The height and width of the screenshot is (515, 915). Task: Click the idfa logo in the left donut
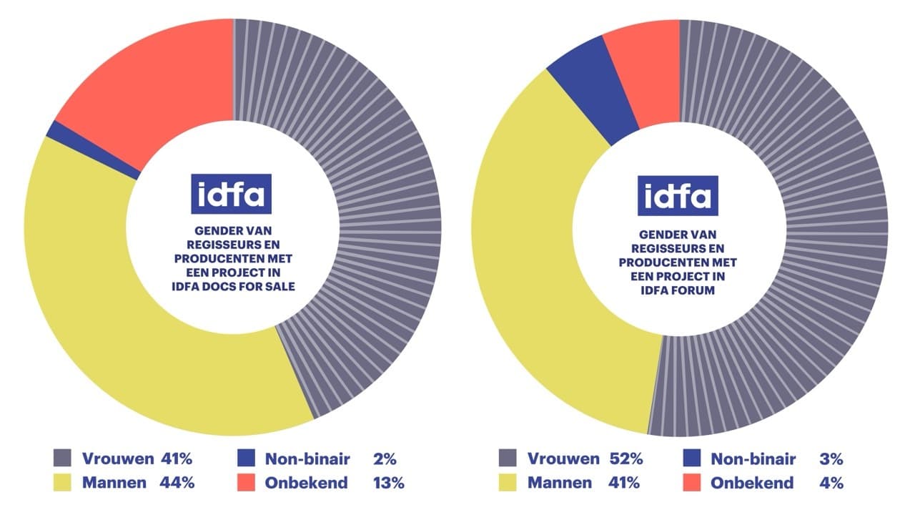pos(231,194)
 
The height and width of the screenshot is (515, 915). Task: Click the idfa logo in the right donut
pos(678,195)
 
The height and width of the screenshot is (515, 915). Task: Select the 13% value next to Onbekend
pos(388,482)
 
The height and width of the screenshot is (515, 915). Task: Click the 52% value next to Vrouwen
pos(625,458)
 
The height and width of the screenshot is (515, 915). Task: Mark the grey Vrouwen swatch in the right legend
pos(508,458)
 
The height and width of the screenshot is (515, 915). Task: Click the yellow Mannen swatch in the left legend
pos(62,482)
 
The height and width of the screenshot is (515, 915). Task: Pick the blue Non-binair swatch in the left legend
pos(246,458)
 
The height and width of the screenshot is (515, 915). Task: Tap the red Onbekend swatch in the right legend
pos(691,482)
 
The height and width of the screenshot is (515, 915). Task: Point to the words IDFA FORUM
pos(678,291)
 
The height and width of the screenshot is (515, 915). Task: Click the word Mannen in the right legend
pos(559,482)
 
